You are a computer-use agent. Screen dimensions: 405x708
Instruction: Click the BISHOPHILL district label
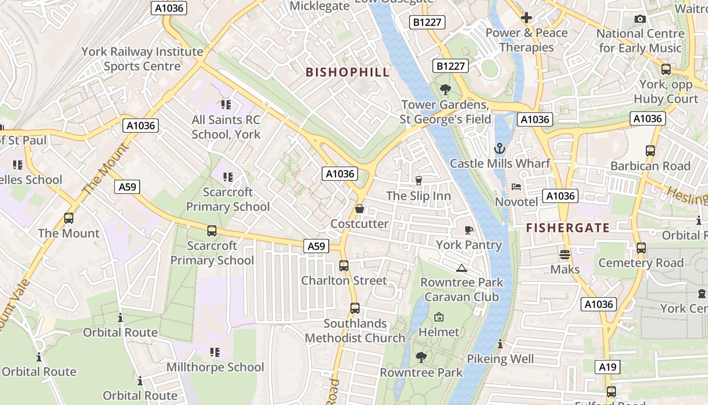[x=347, y=72]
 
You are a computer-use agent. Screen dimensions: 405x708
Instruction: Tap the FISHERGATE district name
[x=567, y=228]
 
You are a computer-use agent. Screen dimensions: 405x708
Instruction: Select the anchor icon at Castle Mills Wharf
[x=500, y=149]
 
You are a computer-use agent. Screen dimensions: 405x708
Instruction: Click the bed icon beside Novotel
[x=516, y=187]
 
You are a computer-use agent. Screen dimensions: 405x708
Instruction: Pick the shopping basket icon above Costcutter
[x=360, y=209]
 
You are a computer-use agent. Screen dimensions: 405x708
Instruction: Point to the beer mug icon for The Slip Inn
[x=418, y=180]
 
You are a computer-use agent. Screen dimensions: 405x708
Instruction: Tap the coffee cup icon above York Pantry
[x=469, y=230]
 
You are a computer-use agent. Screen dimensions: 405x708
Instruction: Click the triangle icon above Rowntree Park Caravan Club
[x=461, y=268]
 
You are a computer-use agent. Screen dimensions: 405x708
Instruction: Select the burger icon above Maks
[x=565, y=255]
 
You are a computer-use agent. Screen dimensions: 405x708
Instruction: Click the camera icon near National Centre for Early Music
[x=640, y=19]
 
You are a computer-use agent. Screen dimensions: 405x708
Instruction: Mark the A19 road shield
[x=607, y=367]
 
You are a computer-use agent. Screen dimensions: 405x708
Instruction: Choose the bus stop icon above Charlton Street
[x=344, y=265]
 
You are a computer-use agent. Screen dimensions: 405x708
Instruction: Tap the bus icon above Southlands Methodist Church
[x=355, y=308]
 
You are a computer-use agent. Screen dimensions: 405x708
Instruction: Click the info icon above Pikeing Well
[x=500, y=344]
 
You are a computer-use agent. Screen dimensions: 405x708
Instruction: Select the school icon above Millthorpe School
[x=215, y=352]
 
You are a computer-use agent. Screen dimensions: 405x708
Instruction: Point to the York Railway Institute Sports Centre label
[x=142, y=59]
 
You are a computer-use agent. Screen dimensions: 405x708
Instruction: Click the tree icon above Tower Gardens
[x=446, y=90]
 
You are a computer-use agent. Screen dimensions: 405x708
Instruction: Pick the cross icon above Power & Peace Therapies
[x=526, y=18]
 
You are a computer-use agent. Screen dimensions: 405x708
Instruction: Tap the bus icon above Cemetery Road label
[x=641, y=248]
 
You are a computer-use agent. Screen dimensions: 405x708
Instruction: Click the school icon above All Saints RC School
[x=226, y=105]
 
